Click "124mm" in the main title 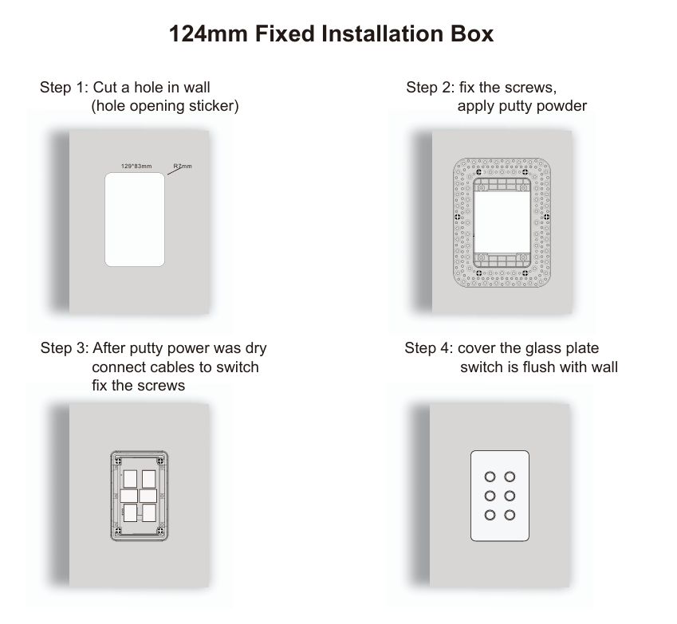click(207, 34)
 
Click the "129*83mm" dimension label click(125, 167)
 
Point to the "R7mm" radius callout click(183, 167)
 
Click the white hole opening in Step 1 click(135, 219)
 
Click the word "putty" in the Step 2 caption click(521, 106)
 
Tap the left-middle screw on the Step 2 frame click(458, 216)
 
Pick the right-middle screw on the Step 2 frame click(546, 216)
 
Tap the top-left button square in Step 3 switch click(130, 479)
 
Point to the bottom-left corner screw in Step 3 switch click(118, 529)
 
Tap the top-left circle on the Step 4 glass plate click(489, 477)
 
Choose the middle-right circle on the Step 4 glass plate click(511, 496)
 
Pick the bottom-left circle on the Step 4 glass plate click(489, 515)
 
